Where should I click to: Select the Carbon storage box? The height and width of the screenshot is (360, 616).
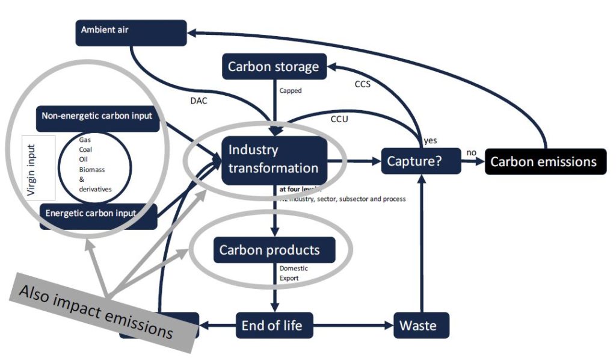click(x=274, y=66)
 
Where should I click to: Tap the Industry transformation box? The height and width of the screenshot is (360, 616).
click(x=274, y=160)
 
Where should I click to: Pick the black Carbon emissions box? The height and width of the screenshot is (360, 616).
click(x=545, y=161)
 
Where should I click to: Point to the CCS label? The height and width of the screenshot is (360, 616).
click(x=362, y=84)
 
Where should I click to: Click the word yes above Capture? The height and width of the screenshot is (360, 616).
click(x=430, y=140)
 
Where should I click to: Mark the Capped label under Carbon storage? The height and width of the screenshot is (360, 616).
click(x=290, y=91)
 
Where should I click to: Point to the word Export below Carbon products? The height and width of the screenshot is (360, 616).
click(x=290, y=279)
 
